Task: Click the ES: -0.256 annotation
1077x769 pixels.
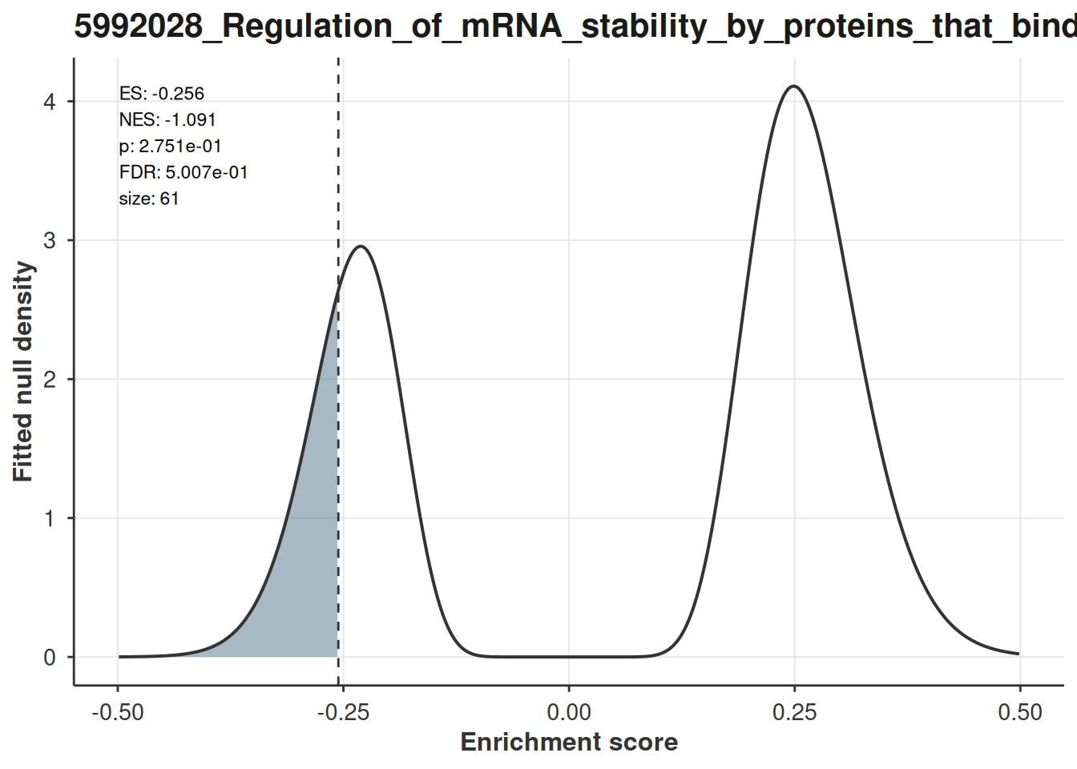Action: (x=162, y=93)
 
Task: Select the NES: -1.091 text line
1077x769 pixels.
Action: (x=167, y=119)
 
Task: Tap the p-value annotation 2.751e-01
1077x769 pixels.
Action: (x=170, y=146)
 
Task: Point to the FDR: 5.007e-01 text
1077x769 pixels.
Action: (x=184, y=172)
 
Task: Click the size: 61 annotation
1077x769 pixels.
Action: (x=149, y=199)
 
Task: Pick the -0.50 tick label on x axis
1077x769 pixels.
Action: (x=118, y=712)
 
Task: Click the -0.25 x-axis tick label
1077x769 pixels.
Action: (x=343, y=712)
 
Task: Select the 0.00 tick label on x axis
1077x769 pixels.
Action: (x=569, y=712)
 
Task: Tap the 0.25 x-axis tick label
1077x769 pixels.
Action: (x=794, y=712)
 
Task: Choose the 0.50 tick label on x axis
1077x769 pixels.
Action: (x=1020, y=712)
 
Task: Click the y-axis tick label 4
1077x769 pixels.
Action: (x=50, y=102)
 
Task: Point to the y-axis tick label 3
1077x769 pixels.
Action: (x=50, y=240)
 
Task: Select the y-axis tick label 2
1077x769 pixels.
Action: (x=50, y=379)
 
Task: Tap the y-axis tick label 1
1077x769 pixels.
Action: (x=50, y=518)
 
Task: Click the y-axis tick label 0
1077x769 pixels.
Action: (x=50, y=657)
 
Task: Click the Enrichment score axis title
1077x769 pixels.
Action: (x=569, y=742)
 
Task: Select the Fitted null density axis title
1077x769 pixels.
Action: (x=22, y=371)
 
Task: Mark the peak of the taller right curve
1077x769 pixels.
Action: (x=794, y=86)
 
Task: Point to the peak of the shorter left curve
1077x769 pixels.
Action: (x=361, y=247)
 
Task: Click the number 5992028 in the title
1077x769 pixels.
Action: (x=139, y=26)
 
